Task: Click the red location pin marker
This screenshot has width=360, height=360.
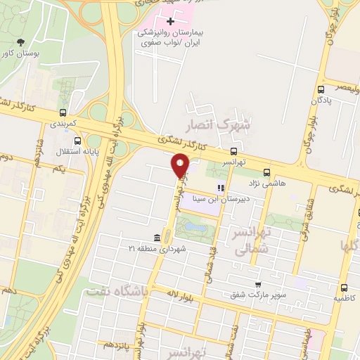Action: tap(181, 166)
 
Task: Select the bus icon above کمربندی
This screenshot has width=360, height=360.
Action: tap(63, 112)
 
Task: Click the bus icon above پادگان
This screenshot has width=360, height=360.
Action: tap(321, 89)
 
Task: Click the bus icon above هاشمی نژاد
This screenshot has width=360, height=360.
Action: tap(266, 172)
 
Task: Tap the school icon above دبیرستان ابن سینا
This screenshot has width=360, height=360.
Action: tap(221, 188)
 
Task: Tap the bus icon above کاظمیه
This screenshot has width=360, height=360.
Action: tap(345, 288)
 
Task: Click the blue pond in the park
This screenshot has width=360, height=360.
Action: tap(196, 228)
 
